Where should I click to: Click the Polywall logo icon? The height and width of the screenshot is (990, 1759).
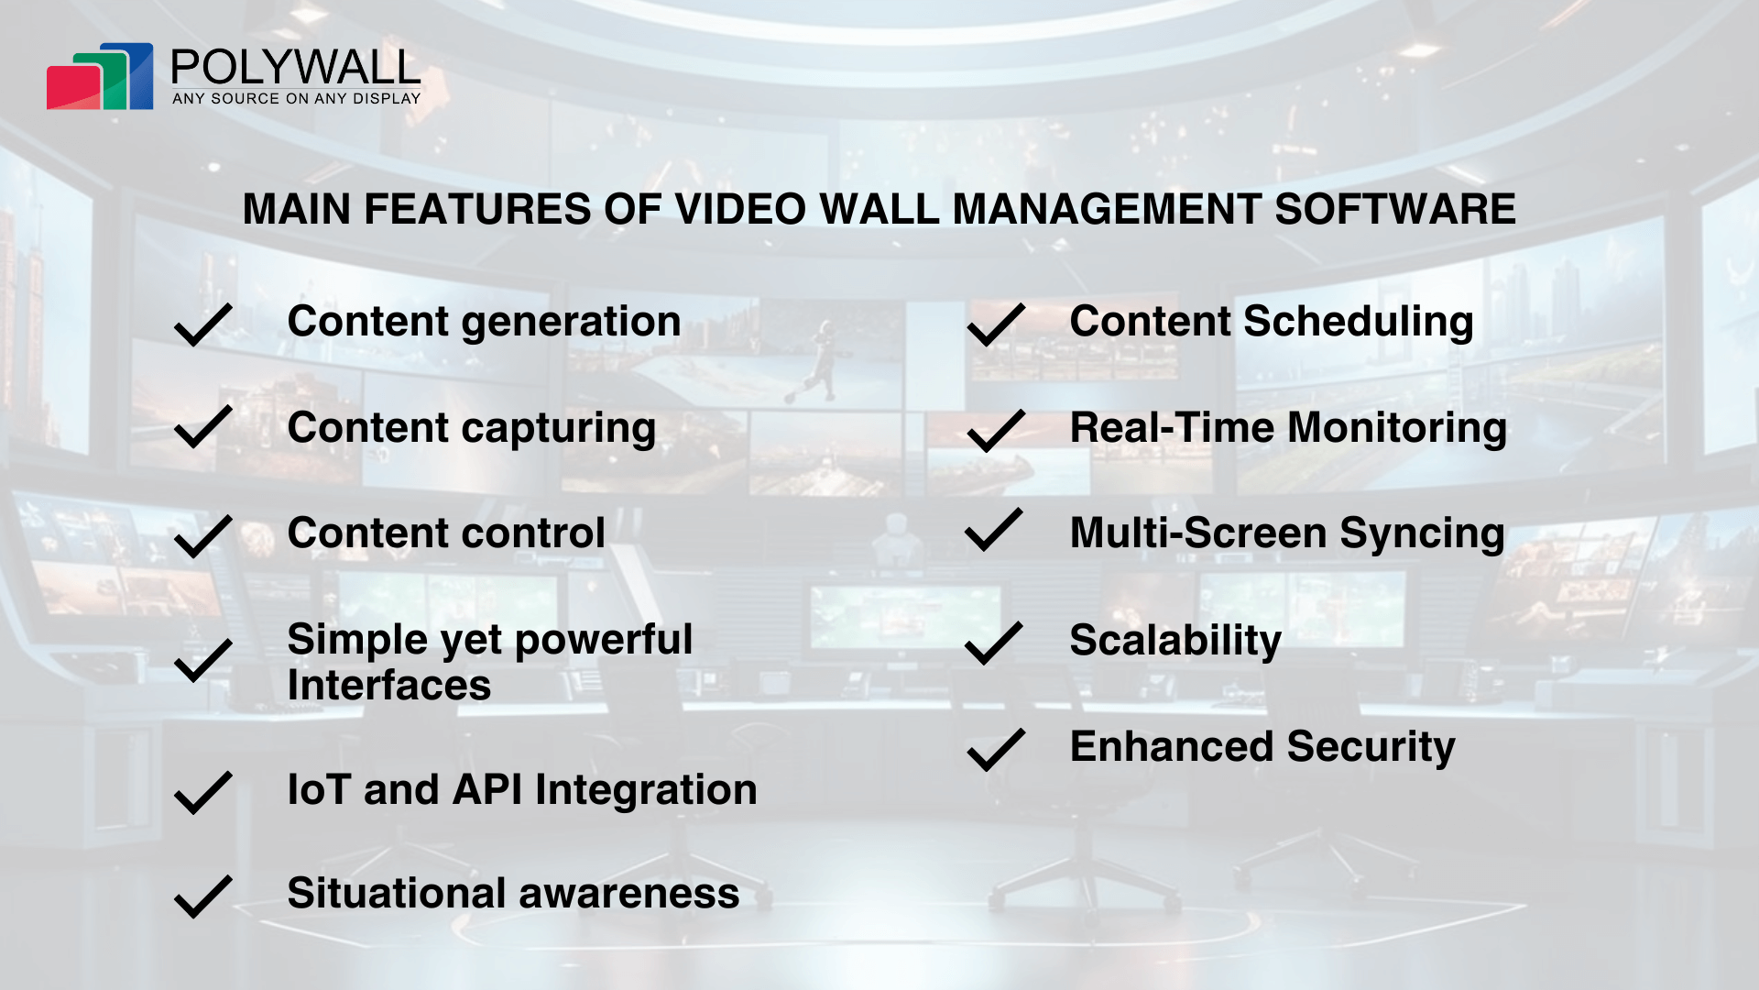tap(100, 76)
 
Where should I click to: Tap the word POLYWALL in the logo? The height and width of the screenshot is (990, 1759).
tap(295, 67)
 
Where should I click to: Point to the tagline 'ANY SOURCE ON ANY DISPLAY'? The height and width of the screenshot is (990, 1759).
tap(297, 98)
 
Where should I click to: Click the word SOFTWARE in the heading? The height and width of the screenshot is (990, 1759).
tap(1395, 209)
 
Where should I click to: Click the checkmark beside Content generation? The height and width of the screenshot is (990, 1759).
tap(202, 324)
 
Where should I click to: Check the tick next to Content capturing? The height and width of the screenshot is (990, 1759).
tap(202, 426)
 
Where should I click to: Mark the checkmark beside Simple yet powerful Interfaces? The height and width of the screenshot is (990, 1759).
tap(202, 660)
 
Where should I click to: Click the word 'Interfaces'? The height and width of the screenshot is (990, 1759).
tap(389, 685)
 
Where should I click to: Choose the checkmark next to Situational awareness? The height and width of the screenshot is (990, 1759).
tap(202, 896)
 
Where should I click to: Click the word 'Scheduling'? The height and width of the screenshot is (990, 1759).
tap(1359, 324)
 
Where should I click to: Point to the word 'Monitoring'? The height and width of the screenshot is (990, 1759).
tap(1397, 429)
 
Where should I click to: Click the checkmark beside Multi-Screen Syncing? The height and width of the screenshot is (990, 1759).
tap(994, 529)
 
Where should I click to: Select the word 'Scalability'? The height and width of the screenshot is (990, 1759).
tap(1175, 642)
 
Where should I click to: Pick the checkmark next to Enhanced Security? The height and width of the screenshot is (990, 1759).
tap(996, 749)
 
